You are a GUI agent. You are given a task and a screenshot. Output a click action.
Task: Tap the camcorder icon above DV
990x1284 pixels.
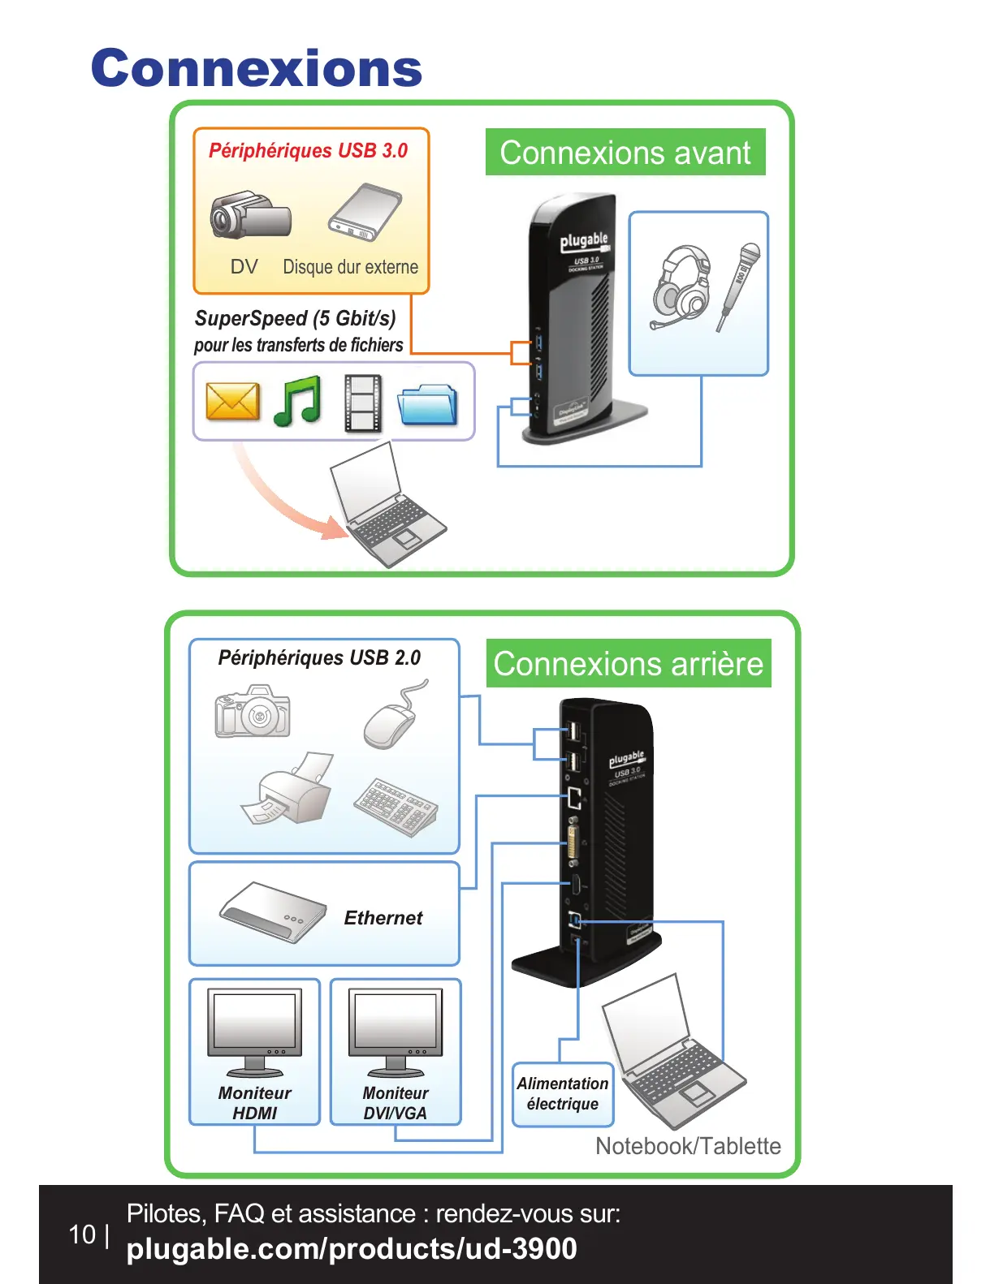(x=250, y=216)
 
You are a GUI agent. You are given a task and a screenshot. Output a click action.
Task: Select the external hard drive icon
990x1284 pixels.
(x=365, y=213)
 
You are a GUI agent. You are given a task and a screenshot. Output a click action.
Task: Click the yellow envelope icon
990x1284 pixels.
(x=232, y=401)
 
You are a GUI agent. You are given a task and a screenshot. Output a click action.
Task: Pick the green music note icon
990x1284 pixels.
(x=298, y=401)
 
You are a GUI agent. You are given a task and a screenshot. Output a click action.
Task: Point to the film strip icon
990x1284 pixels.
(x=362, y=403)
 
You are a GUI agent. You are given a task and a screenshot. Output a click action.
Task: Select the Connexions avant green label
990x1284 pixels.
(x=625, y=153)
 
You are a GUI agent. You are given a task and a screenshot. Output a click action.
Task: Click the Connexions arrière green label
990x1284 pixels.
(x=629, y=664)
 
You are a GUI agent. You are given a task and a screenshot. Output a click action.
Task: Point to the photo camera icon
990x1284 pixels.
(x=253, y=712)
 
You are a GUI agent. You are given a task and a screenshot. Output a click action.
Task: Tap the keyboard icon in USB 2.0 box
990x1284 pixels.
(x=396, y=806)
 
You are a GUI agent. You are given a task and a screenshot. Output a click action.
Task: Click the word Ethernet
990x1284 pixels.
(x=383, y=918)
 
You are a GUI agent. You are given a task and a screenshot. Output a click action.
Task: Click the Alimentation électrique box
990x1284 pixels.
(x=563, y=1094)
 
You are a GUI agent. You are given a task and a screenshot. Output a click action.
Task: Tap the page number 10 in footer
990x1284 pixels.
(x=82, y=1234)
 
